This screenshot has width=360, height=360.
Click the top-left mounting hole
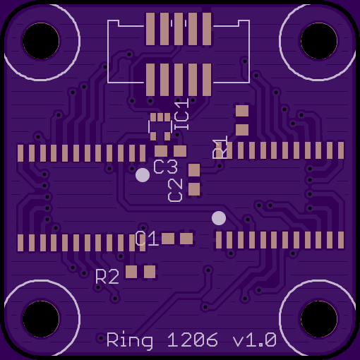point(41,41)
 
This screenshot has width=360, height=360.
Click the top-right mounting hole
point(319,41)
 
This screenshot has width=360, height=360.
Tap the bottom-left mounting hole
point(41,319)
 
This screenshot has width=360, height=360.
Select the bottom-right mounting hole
point(319,319)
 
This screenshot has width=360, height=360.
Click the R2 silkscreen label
point(107,277)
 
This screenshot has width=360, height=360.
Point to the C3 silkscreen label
point(165,167)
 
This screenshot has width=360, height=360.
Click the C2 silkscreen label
point(175,190)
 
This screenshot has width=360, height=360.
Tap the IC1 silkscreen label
point(181,114)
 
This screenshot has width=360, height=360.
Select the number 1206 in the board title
point(193,340)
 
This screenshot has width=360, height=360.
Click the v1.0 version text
point(254,340)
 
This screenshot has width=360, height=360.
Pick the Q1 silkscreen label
point(146,238)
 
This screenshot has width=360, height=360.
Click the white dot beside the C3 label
point(143,175)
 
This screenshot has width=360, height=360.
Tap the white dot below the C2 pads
point(219,218)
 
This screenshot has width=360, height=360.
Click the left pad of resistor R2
point(131,272)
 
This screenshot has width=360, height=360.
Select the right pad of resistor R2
point(150,272)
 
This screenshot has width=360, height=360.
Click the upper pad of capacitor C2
point(194,170)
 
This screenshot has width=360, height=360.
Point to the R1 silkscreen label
point(220,147)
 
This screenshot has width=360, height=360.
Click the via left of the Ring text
point(101,338)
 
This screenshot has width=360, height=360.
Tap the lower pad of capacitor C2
point(194,189)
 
